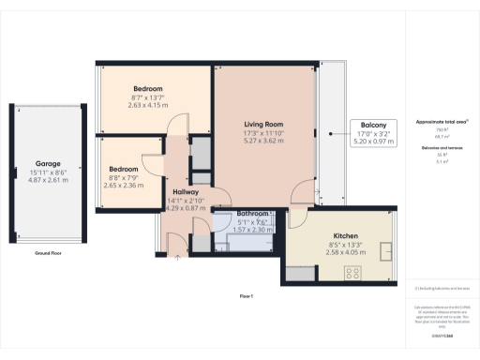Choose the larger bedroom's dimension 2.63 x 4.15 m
pos(147,106)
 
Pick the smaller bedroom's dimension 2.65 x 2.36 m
pos(125,186)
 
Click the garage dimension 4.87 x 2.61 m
pos(47,179)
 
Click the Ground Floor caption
pos(48,253)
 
